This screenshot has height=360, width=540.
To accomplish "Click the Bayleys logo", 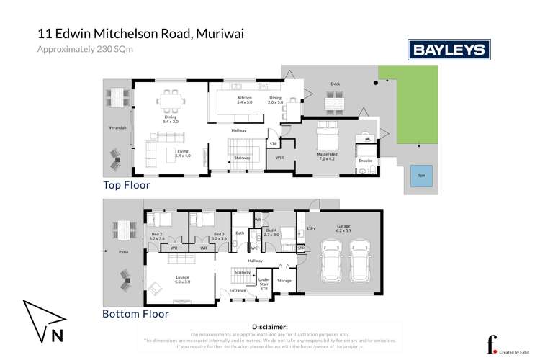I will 449,50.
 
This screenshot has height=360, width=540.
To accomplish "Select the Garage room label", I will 343,229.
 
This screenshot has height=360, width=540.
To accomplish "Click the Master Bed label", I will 328,156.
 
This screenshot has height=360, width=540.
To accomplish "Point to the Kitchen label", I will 245,100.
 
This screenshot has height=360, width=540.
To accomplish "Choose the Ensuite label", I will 365,160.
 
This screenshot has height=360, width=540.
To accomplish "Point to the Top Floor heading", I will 126,185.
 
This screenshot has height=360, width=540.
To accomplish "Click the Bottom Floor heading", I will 135,314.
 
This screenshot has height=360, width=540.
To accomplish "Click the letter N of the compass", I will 56,335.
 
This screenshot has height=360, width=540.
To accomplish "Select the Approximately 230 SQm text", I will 85,49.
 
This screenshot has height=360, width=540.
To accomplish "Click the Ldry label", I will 311,228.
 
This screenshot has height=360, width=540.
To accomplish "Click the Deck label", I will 335,84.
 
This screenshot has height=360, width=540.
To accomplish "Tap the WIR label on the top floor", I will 279,157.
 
